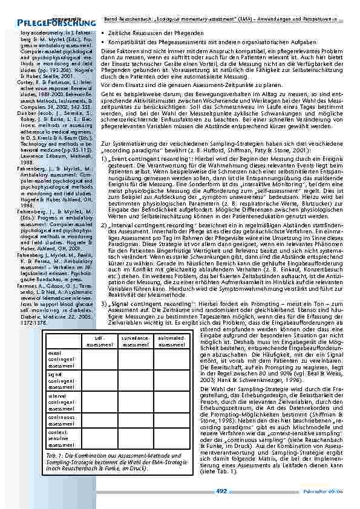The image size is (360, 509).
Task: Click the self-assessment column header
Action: pyautogui.click(x=99, y=342)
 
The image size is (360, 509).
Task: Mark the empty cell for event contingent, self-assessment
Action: pyautogui.click(x=99, y=359)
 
